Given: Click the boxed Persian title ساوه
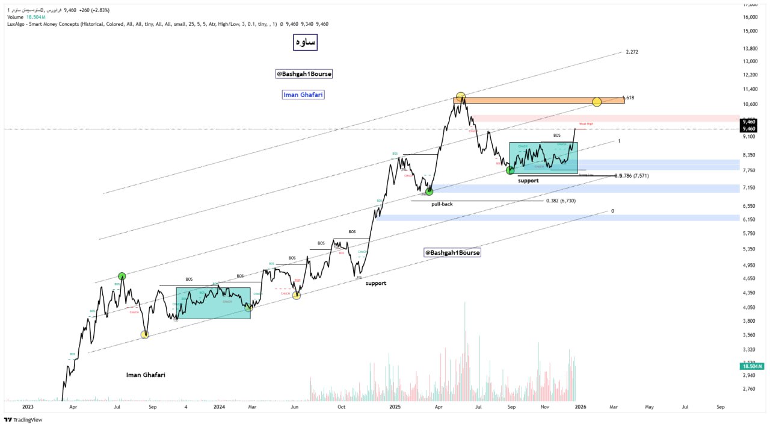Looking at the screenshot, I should point(304,42).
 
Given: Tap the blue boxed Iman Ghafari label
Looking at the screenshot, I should point(303,95).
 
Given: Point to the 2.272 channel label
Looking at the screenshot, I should point(632,52).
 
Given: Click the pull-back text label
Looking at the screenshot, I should point(442,204).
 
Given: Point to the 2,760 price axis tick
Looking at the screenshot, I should point(749,389).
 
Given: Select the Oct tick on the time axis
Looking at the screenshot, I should point(341,407).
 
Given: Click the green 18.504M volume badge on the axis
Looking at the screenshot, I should point(752,366).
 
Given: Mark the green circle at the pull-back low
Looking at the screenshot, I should point(429,192).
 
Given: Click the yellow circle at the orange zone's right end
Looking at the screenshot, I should point(597,102).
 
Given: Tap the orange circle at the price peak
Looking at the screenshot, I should point(460,96).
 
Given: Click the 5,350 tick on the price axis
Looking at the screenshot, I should point(749,249).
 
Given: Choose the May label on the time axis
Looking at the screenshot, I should point(649,407).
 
